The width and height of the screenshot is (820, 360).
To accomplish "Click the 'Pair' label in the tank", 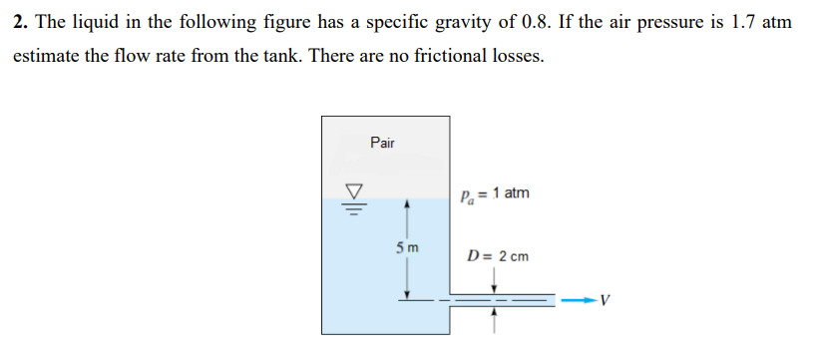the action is [x=382, y=143].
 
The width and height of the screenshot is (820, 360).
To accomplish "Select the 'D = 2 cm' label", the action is [x=498, y=256].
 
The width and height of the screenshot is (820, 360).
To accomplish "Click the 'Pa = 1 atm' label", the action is [x=496, y=193].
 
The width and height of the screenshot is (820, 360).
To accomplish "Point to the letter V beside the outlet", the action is [x=607, y=299].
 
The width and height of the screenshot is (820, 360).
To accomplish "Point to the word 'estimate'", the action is [x=44, y=57].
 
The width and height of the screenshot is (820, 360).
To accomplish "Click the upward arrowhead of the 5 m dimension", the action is [x=406, y=205].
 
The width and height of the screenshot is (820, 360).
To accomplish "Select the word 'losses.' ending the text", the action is [x=518, y=57].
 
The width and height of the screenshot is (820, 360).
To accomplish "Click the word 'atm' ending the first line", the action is [x=776, y=21].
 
